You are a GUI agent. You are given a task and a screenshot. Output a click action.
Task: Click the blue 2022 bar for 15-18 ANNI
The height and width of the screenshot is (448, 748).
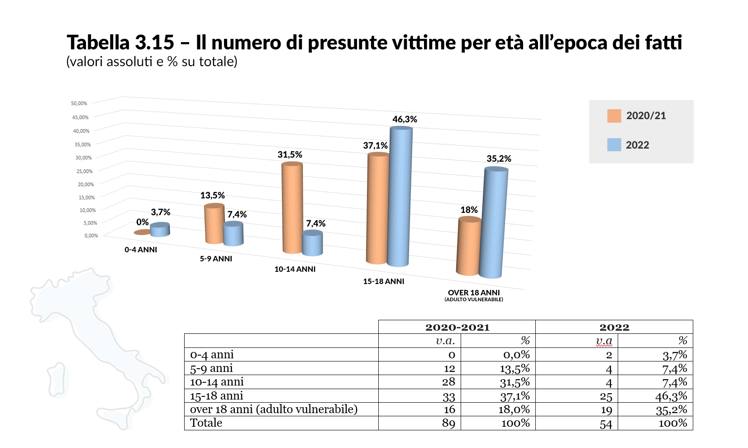click(x=400, y=197)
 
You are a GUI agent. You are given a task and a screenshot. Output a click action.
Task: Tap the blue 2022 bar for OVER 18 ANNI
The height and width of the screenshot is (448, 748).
click(x=494, y=222)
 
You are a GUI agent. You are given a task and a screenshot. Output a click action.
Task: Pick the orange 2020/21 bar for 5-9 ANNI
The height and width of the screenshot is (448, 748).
click(x=214, y=224)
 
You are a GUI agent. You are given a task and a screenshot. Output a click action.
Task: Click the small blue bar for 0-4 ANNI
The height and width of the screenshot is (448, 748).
click(x=160, y=230)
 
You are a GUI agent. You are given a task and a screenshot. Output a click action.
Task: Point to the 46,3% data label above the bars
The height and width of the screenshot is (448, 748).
click(x=405, y=119)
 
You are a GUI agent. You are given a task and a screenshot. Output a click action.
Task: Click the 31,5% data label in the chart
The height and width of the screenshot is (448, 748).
click(x=290, y=154)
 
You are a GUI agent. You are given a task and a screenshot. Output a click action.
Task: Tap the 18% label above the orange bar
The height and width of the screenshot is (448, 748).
click(x=469, y=210)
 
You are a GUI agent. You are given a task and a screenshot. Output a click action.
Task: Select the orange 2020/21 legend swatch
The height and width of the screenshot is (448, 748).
click(x=614, y=116)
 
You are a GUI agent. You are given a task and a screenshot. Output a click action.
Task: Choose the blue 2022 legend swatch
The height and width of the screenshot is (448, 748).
click(x=614, y=145)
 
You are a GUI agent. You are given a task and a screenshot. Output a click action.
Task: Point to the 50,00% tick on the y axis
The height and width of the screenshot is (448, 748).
click(x=79, y=103)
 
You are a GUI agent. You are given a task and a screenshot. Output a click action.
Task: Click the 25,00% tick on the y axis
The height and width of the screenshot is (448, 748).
click(x=84, y=171)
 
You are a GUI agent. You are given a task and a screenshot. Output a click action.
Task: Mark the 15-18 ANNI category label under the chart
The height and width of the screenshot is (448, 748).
click(x=383, y=281)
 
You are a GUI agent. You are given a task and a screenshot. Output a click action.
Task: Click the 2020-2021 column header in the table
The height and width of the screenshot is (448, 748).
click(x=457, y=327)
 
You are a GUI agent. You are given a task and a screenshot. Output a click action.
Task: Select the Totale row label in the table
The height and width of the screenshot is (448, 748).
click(x=206, y=423)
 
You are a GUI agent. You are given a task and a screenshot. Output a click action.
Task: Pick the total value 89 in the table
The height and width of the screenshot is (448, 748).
click(x=448, y=423)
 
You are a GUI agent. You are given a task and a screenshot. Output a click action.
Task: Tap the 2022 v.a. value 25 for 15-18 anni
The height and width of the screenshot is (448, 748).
click(x=606, y=397)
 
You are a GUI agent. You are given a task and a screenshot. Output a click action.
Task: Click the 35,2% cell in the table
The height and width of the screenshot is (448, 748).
click(x=672, y=410)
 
